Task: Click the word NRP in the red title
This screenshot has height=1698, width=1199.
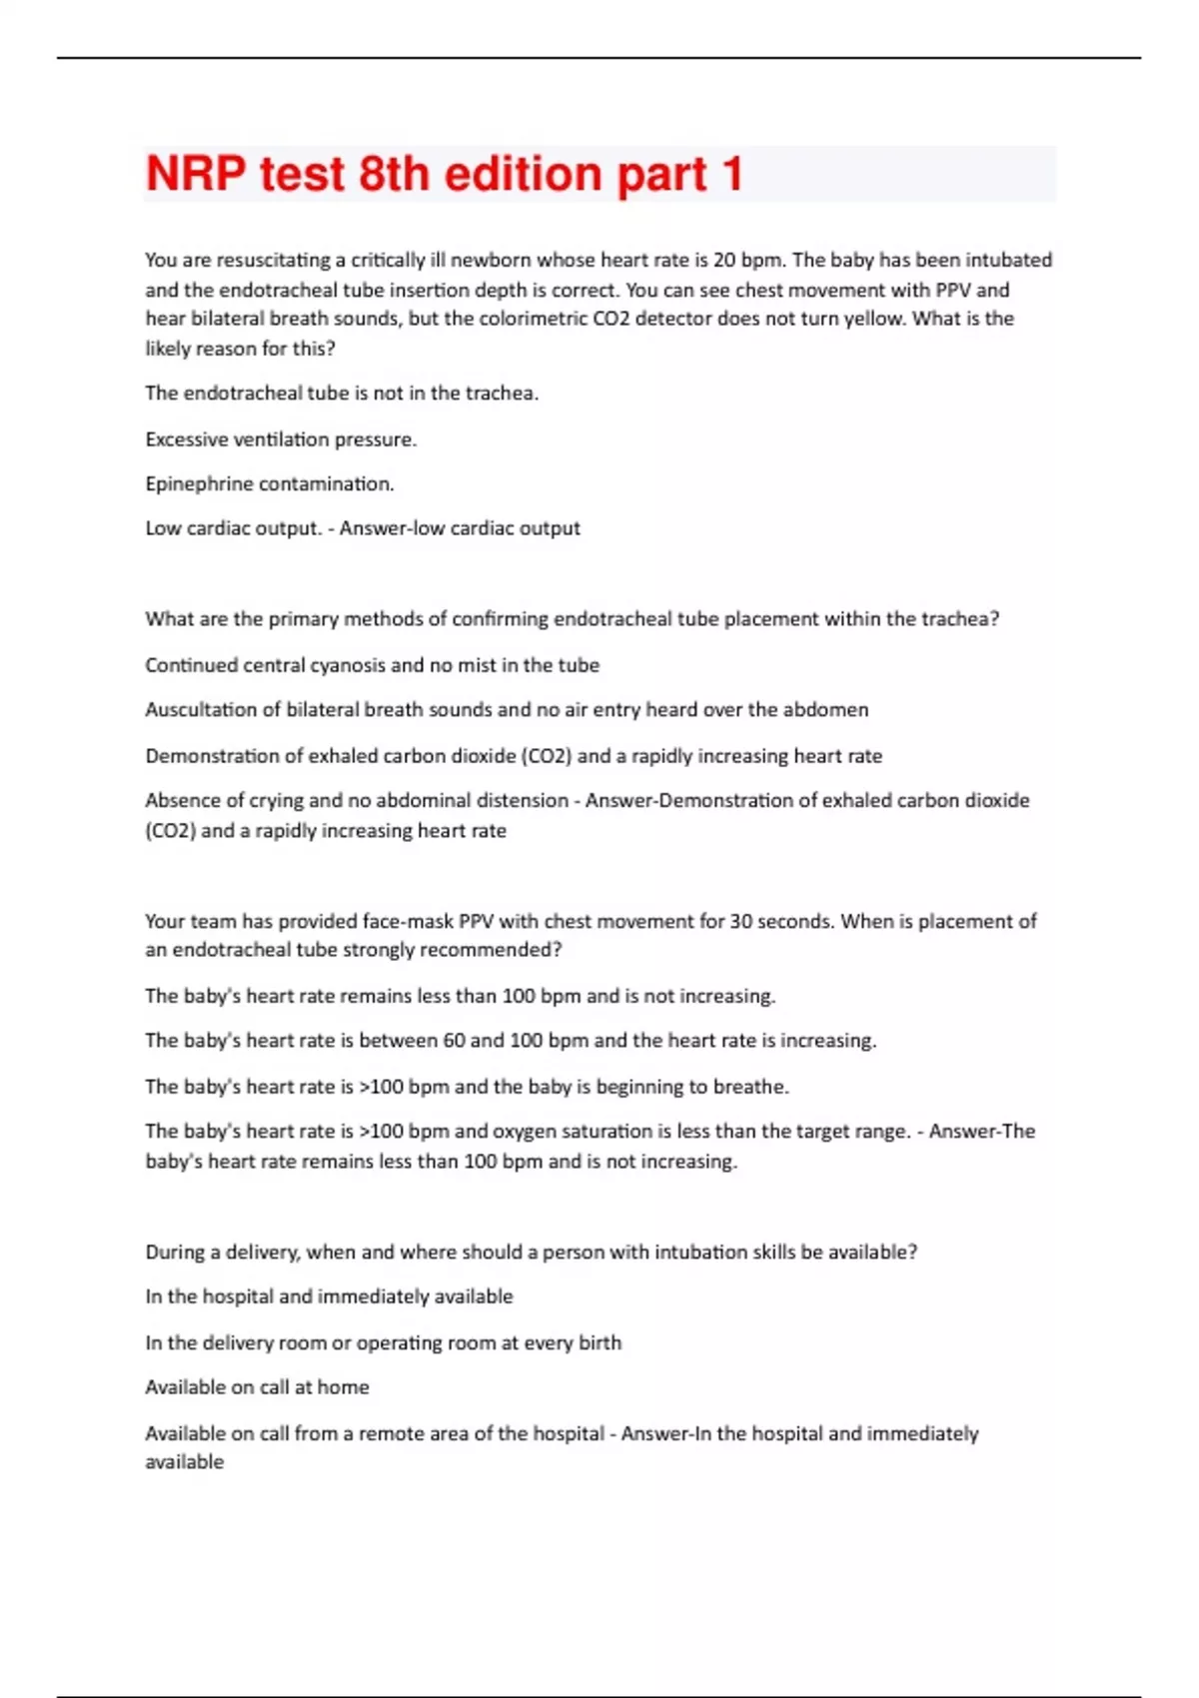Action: click(x=196, y=174)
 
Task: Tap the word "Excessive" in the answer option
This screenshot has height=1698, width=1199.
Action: click(x=186, y=439)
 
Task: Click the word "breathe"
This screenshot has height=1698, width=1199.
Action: click(x=749, y=1087)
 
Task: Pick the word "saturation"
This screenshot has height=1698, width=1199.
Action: click(x=598, y=1132)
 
